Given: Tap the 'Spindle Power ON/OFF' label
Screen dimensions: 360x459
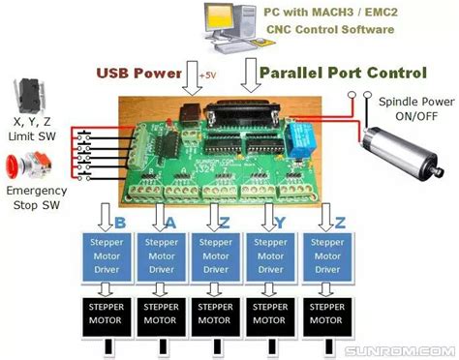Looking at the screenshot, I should point(412,108).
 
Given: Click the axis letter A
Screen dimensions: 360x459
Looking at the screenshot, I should point(171,223).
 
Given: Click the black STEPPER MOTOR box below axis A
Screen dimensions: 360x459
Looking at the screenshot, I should point(162,315).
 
